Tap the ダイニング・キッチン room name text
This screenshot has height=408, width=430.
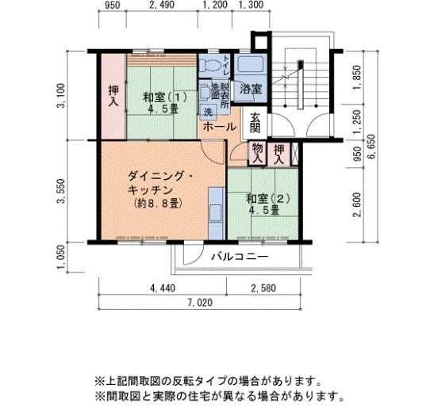pos(155,183)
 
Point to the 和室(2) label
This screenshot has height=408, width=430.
pos(262,198)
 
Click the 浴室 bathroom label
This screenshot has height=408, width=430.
pos(251,88)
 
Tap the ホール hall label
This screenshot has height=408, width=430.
pos(218,126)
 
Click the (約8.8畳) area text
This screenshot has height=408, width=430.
pos(155,203)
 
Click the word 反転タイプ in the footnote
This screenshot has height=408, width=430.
pos(213,379)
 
